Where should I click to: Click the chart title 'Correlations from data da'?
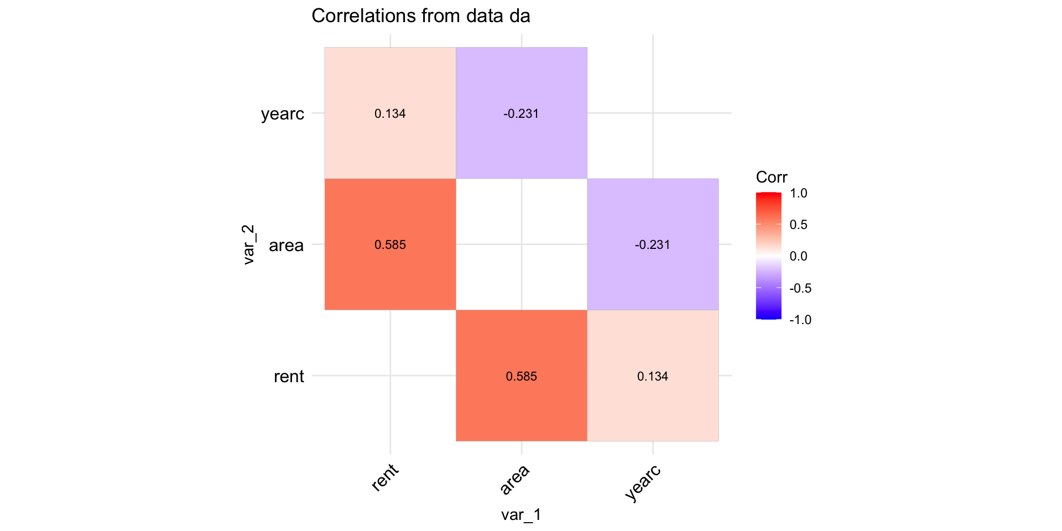click(x=420, y=16)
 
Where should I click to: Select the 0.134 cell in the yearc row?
click(x=390, y=113)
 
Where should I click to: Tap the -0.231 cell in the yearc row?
click(x=521, y=113)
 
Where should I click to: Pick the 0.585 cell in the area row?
click(x=390, y=244)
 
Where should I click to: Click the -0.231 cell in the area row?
click(x=653, y=244)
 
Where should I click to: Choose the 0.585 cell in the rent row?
click(x=521, y=376)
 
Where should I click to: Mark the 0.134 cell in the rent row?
click(x=653, y=376)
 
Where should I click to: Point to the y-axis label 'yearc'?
click(x=283, y=114)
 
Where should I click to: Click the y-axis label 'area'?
click(x=286, y=245)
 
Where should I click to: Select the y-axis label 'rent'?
click(x=289, y=377)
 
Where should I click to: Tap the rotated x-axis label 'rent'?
click(x=385, y=477)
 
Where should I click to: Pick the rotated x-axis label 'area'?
click(x=515, y=479)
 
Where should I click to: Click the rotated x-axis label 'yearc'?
click(x=643, y=482)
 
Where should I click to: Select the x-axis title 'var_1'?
click(x=521, y=515)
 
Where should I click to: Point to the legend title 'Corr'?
click(x=772, y=177)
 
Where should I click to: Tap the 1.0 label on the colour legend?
click(x=799, y=193)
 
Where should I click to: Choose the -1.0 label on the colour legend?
click(x=800, y=320)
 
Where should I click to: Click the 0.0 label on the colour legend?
click(x=799, y=256)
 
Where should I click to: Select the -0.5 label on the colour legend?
click(x=800, y=288)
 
